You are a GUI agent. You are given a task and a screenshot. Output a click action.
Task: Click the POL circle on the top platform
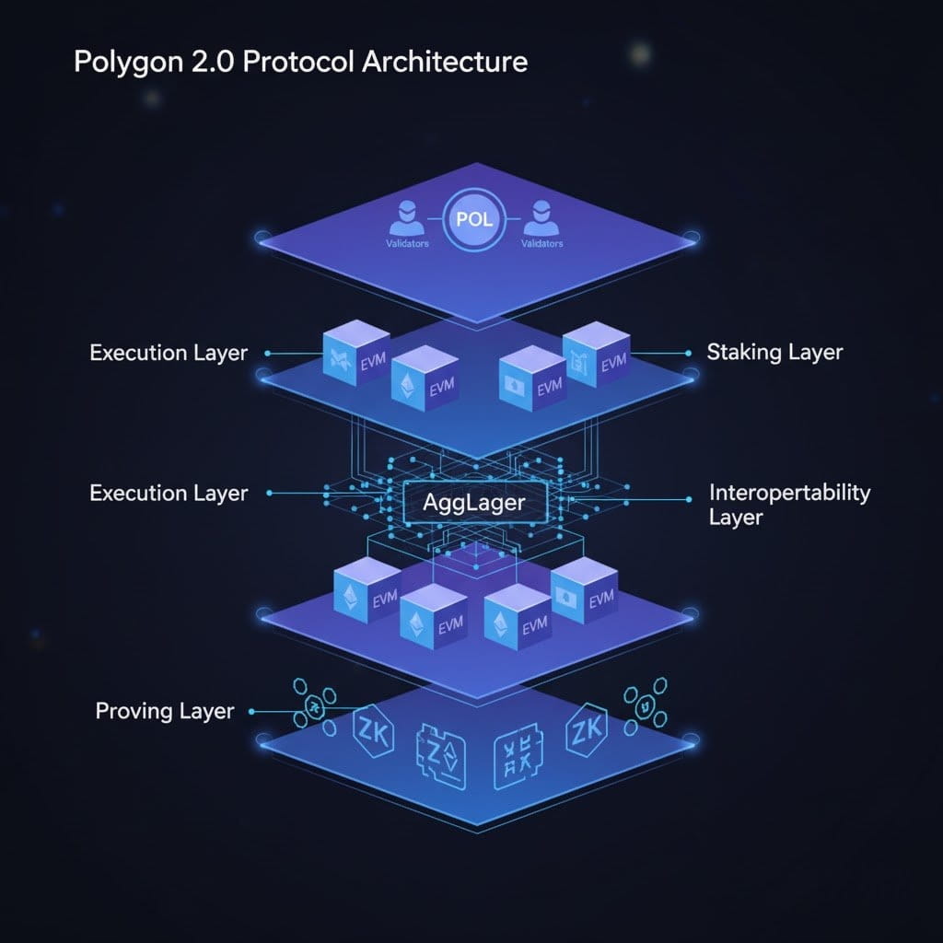[x=474, y=222]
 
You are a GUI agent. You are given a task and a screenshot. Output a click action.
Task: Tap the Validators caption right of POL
[x=542, y=244]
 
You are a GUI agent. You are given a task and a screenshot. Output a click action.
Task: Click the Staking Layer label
[x=774, y=352]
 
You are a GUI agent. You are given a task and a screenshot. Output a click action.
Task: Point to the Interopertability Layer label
[x=789, y=504]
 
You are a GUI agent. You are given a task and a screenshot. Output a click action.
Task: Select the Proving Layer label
[x=165, y=711]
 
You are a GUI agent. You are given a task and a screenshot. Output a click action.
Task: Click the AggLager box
[x=473, y=503]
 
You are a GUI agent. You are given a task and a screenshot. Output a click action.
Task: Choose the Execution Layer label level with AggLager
[x=169, y=494]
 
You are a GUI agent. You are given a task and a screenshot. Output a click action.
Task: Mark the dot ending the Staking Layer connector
[x=688, y=353]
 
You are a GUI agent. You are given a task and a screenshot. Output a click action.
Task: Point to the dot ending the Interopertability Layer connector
[x=688, y=499]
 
